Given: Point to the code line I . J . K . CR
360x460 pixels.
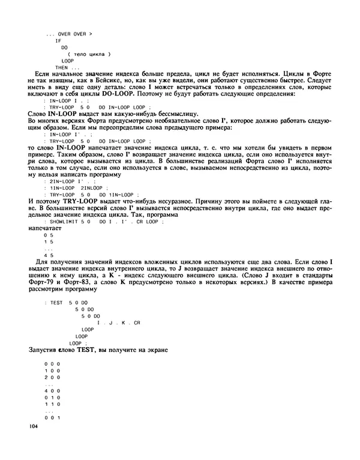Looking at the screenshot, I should point(118,322).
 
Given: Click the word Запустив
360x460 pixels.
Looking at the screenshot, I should point(46,350).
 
